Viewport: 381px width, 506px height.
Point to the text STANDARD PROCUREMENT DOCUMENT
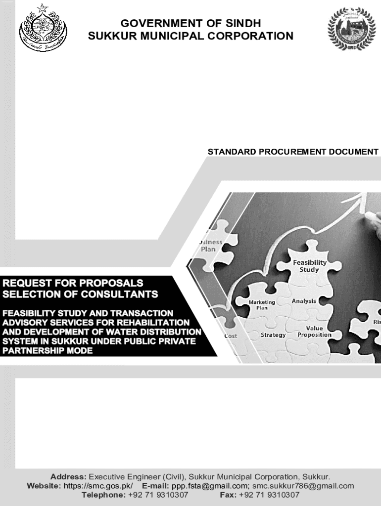(293, 152)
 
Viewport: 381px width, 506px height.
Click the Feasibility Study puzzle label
(309, 266)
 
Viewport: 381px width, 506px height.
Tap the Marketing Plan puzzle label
(262, 305)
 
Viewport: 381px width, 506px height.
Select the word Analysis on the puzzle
(304, 301)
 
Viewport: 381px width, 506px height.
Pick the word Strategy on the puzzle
(273, 335)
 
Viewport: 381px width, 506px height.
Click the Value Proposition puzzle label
(314, 332)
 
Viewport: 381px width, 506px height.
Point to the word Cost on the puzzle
(231, 336)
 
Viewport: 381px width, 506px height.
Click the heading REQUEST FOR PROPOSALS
(73, 283)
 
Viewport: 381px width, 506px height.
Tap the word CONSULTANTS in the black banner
(121, 295)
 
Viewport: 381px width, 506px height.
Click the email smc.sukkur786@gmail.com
(303, 486)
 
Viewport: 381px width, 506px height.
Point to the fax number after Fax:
(269, 495)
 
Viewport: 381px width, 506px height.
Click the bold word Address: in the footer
(68, 477)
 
